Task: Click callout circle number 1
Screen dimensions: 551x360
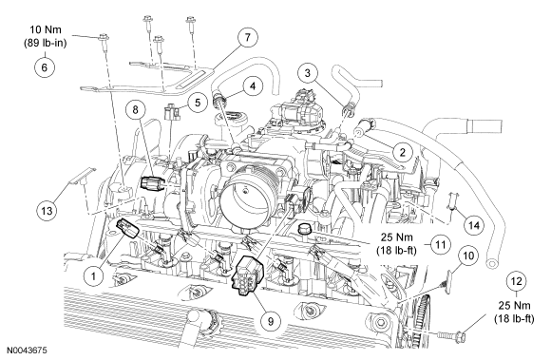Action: tap(93, 276)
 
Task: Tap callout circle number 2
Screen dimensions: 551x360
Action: tap(403, 152)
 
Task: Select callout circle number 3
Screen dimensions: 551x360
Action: tap(308, 73)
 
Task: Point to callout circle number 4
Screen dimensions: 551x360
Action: tap(252, 86)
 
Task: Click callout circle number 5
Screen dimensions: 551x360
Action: tap(198, 103)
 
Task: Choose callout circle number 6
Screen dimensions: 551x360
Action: tap(45, 67)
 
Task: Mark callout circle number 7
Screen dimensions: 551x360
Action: tap(247, 37)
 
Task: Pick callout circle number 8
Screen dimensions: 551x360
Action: tap(135, 109)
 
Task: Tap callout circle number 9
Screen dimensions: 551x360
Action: tap(270, 321)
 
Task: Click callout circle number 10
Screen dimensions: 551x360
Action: tap(468, 256)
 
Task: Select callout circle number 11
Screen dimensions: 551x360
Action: tap(441, 244)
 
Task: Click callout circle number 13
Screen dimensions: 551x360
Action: tap(47, 210)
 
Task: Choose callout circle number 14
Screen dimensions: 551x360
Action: tap(474, 225)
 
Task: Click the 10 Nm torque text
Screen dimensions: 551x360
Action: tap(46, 29)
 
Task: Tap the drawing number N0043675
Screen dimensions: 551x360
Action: tap(28, 351)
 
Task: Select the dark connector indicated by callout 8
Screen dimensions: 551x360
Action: tap(151, 182)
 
